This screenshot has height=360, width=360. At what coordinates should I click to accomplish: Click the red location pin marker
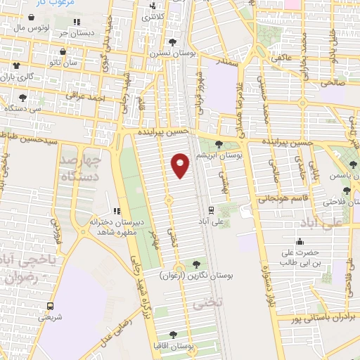tap(180, 165)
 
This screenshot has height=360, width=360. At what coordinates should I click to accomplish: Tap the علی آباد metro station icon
tap(211, 210)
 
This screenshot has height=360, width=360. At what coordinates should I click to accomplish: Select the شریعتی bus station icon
tap(49, 306)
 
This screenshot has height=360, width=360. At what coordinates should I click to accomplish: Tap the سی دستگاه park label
tap(22, 109)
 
